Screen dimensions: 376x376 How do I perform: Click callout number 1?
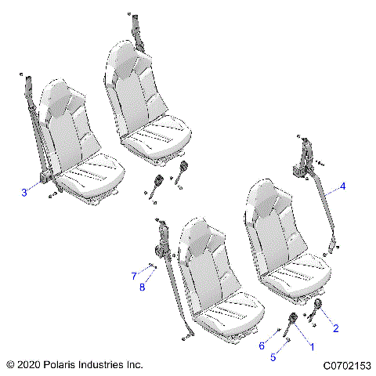coord(312,345)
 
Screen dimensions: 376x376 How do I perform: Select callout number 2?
coord(336,328)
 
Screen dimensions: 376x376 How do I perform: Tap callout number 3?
coord(24,192)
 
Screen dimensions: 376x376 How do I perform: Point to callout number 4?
coord(342,187)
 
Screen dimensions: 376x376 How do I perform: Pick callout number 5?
coord(273,358)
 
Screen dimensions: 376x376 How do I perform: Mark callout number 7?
coord(134,275)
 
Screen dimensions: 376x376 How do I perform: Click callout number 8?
coord(142,287)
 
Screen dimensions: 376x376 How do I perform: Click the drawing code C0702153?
coord(346,365)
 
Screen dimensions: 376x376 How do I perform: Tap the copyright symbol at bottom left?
coord(9,365)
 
